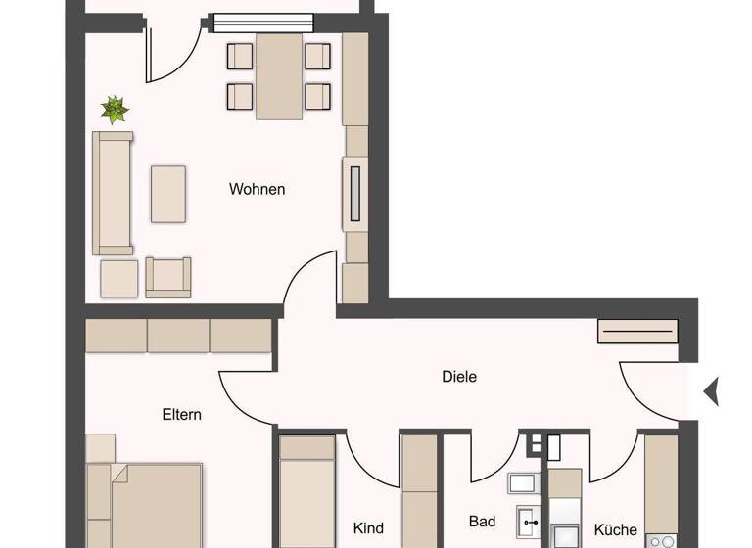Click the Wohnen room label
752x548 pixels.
pos(257,189)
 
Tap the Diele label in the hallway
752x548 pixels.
pos(458,376)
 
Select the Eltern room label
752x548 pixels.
pos(181,414)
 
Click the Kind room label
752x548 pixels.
pos(368,528)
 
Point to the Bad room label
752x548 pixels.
pos(482,522)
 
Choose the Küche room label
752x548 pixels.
pos(616,529)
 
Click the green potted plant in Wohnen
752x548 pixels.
pos(116,110)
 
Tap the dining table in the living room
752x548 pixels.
pos(279,75)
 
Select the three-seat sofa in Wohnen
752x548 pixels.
pos(112,193)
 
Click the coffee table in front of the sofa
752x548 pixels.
pos(168,194)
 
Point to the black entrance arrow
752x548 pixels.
pos(711,391)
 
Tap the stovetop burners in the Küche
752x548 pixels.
pos(661,540)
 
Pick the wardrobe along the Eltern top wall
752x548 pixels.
pos(178,336)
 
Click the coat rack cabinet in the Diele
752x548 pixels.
pos(637,332)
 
